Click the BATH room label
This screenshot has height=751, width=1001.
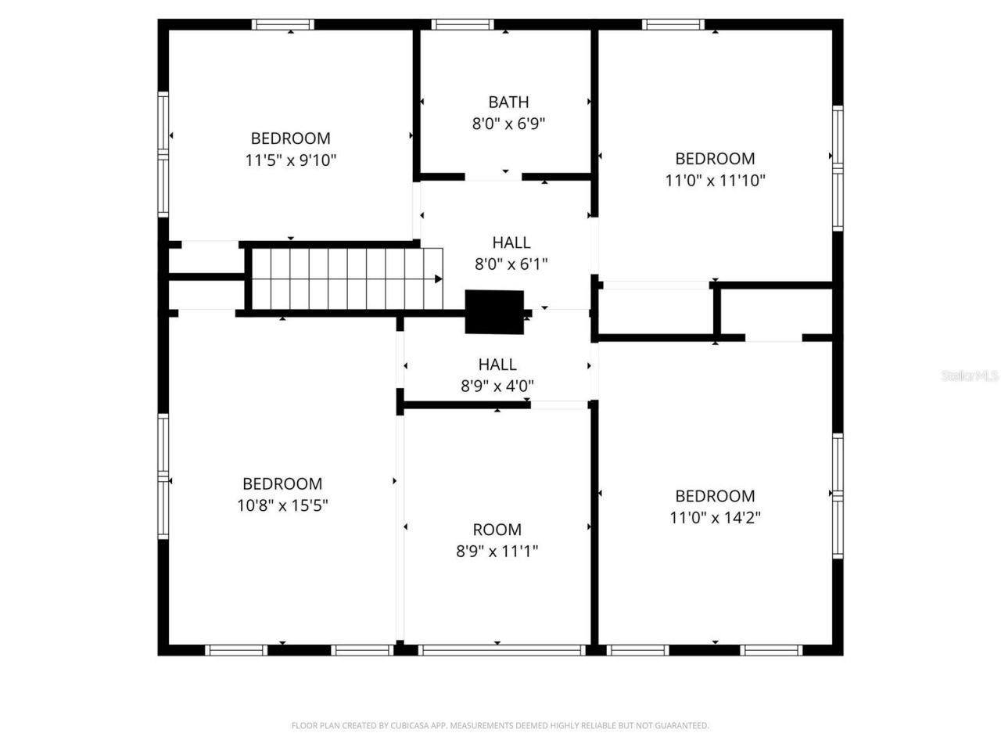(508, 102)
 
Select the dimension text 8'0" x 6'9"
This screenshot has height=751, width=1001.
(508, 124)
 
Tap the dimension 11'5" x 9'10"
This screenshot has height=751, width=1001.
(291, 160)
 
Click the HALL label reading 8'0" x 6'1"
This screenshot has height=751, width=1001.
(511, 243)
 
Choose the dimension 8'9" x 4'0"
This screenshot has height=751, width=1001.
(497, 386)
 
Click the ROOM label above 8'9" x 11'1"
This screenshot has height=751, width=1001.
(497, 530)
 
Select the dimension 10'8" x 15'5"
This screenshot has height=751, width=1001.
(282, 505)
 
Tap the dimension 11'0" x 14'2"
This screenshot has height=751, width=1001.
(715, 517)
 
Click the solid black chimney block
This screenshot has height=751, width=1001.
(494, 312)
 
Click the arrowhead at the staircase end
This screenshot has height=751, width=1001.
(438, 278)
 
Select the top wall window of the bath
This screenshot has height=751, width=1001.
(463, 24)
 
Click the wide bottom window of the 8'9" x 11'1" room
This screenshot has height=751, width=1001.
(501, 649)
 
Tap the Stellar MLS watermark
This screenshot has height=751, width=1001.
(970, 376)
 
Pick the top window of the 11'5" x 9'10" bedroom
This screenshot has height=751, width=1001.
(282, 24)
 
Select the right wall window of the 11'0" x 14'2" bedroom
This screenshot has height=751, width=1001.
(838, 495)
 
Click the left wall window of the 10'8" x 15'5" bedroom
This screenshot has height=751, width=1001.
(163, 476)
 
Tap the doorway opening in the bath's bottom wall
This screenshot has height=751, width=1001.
(493, 177)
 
